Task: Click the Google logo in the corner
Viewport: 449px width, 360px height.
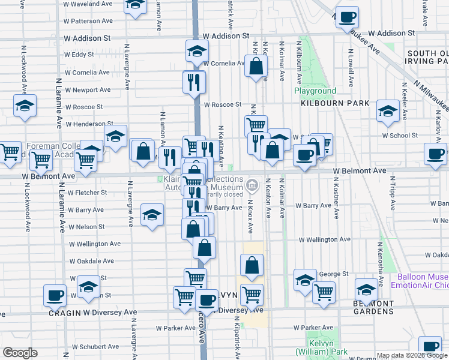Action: (20, 353)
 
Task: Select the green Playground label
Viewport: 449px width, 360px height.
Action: (315, 91)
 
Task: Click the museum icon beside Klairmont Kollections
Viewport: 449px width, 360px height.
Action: (253, 183)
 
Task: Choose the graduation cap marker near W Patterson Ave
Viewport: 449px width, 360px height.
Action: (136, 5)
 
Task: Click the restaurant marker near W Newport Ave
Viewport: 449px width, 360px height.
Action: (193, 82)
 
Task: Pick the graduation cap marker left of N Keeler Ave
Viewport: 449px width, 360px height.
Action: (388, 111)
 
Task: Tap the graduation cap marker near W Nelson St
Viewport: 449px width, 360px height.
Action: (152, 215)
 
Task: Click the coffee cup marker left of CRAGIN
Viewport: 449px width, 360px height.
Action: (55, 295)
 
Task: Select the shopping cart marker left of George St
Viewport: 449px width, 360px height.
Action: (324, 292)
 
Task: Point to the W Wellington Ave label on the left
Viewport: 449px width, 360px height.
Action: (95, 244)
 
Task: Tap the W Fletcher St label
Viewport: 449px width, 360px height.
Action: (87, 193)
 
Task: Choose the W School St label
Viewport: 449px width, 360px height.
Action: (400, 136)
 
